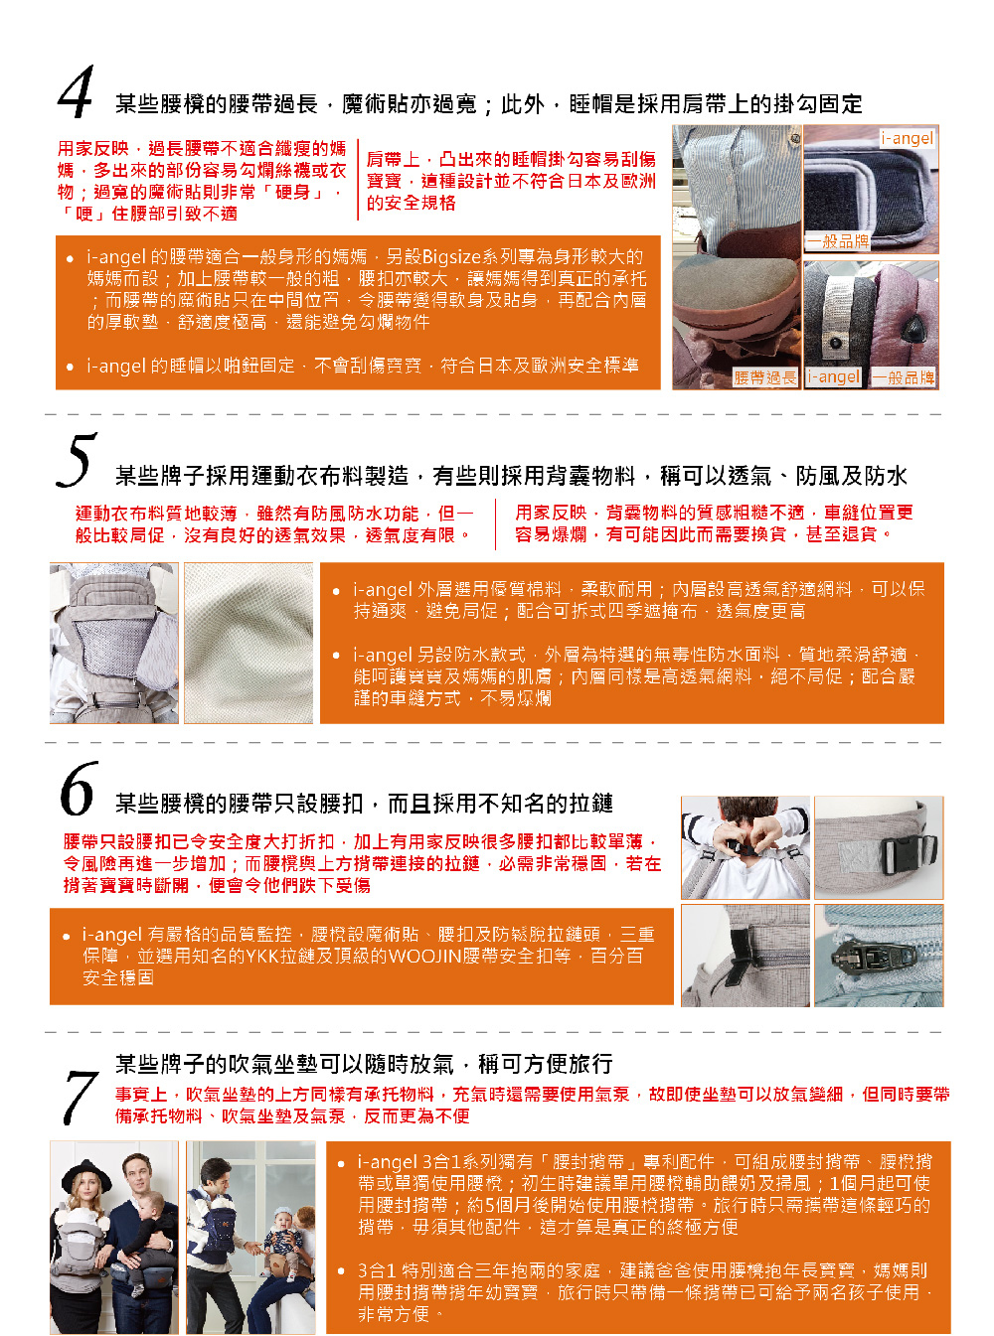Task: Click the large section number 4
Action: tap(77, 91)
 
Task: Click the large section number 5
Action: tap(77, 460)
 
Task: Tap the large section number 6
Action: tap(79, 788)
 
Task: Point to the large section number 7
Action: tap(82, 1098)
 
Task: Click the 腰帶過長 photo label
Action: tap(764, 377)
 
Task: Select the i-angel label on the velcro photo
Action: tap(908, 138)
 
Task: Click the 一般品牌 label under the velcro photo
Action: tap(838, 241)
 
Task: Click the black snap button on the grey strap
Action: tap(836, 344)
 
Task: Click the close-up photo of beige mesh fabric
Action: tap(248, 643)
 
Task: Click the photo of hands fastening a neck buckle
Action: tap(745, 847)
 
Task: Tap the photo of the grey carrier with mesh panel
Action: tap(114, 643)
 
